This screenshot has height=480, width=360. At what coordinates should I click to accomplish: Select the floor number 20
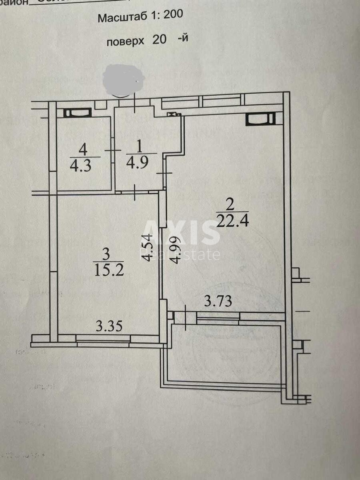click(159, 40)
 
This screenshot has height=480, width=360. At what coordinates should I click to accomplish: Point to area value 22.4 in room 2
click(232, 220)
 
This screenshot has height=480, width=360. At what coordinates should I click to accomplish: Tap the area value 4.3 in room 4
click(81, 166)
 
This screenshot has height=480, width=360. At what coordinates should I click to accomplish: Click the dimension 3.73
click(218, 301)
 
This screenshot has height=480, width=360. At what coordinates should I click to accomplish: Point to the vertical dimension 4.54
click(148, 248)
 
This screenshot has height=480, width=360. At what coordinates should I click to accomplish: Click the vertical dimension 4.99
click(175, 250)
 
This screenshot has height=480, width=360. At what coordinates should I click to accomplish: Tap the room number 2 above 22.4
click(230, 204)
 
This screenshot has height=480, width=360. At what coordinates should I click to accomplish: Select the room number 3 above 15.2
click(106, 254)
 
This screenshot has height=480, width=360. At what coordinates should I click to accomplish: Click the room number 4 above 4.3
click(83, 150)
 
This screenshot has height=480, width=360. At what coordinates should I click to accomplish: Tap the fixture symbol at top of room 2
click(260, 119)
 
